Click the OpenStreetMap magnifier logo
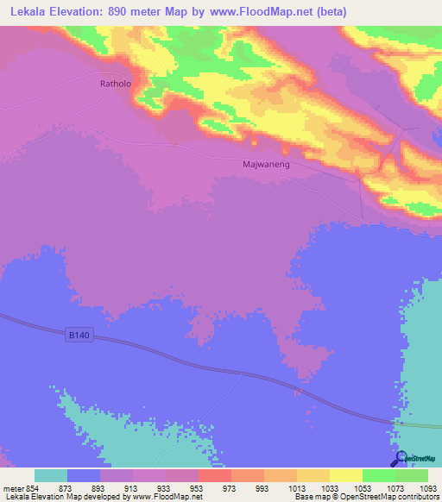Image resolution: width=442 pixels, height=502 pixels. (400, 457)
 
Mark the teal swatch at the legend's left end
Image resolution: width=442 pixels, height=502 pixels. (51, 475)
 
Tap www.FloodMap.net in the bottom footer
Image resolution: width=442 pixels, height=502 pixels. (169, 497)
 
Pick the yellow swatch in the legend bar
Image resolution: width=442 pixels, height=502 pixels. (346, 475)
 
